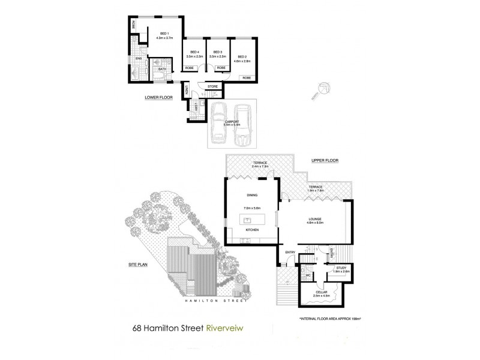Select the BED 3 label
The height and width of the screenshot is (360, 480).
[217, 52]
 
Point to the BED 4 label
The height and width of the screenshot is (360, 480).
[193, 52]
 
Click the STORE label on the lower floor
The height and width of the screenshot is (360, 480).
[212, 86]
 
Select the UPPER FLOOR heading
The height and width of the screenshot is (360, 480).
[325, 161]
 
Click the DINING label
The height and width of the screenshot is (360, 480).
[251, 195]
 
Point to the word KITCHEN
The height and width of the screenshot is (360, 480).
[251, 230]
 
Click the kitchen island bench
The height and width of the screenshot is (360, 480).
[252, 217]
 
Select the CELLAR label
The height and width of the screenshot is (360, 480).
[322, 292]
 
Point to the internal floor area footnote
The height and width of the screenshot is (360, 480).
[329, 319]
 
